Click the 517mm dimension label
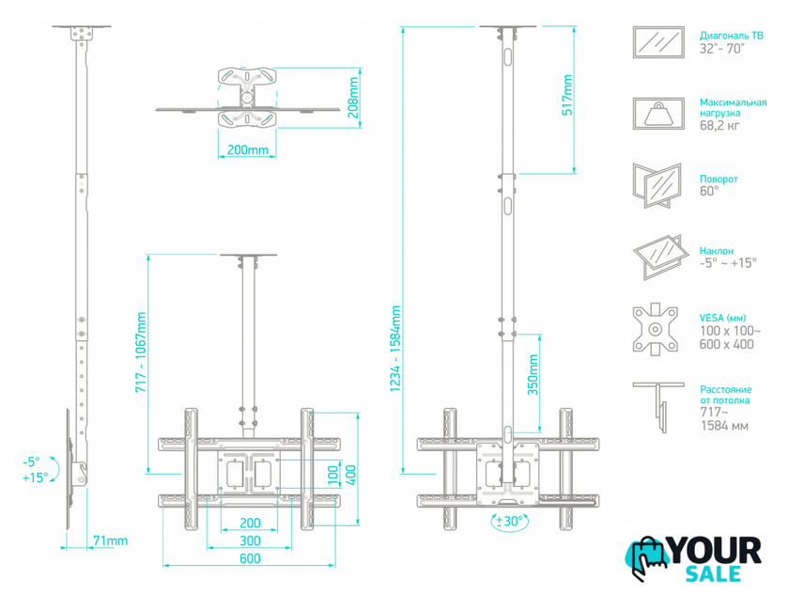[567, 95]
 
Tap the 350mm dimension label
[533, 374]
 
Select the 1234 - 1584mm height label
[395, 349]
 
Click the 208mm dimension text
[354, 97]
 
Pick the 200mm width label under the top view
[248, 149]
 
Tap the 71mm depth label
[110, 540]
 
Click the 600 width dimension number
[250, 558]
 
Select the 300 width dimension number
[250, 540]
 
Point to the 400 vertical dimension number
[350, 475]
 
